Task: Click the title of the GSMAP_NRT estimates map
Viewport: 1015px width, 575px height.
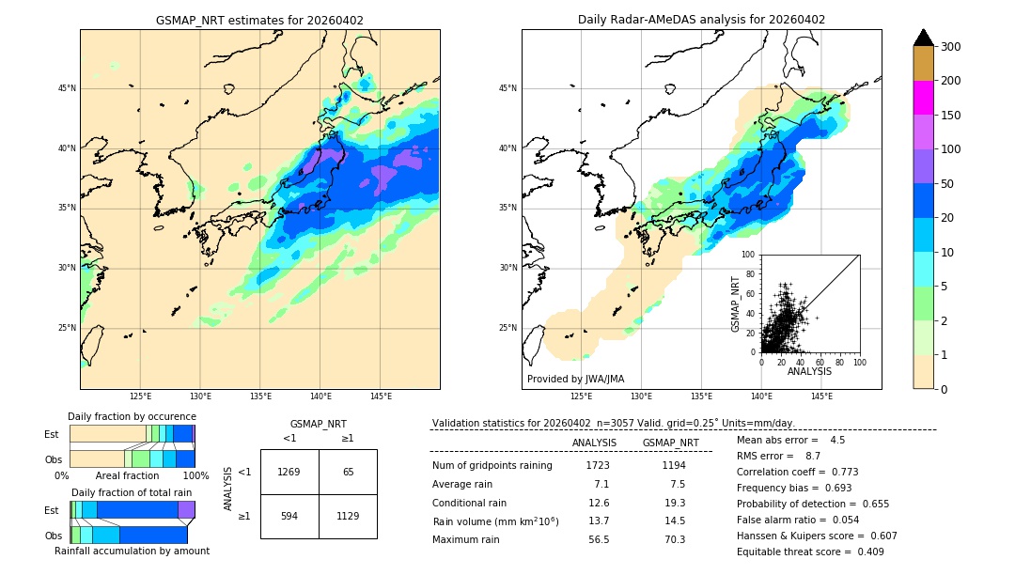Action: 259,20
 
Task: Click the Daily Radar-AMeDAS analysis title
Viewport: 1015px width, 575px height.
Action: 701,20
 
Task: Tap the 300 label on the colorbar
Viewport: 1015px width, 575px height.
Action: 951,46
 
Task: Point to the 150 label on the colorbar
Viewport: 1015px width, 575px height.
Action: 951,115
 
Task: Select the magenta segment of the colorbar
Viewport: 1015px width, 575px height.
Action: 923,98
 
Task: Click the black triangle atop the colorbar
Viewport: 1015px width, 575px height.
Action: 923,38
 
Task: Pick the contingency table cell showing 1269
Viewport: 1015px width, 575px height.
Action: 289,472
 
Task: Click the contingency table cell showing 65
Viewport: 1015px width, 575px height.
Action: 348,472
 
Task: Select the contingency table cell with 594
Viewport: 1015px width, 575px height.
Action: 289,516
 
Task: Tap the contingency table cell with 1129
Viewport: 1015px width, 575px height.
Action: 348,516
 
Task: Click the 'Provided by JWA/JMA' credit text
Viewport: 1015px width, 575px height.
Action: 575,380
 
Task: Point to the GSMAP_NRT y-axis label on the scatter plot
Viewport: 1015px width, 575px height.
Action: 736,303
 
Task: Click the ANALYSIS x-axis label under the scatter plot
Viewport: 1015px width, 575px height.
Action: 809,371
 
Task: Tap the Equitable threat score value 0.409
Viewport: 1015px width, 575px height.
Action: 864,552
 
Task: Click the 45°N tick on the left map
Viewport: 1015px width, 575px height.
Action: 66,88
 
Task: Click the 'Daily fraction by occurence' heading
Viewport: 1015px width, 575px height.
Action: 132,416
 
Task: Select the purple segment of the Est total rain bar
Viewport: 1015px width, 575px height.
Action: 186,509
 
